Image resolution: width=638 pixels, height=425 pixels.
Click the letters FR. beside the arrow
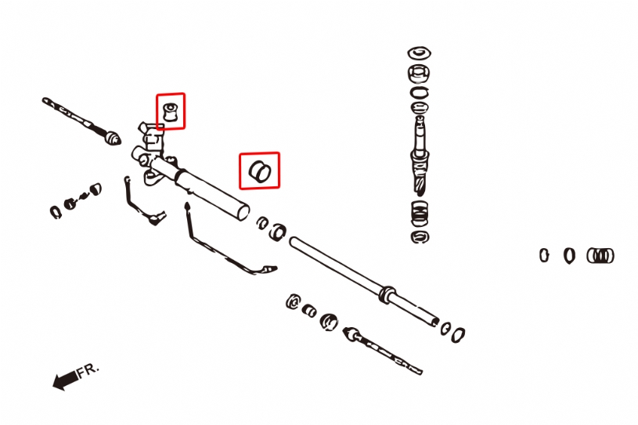(88, 369)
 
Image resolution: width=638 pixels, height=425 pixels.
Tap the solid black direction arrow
(64, 380)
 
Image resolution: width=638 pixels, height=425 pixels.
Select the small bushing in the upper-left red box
(171, 110)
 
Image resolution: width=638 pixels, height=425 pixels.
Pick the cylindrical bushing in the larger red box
(259, 170)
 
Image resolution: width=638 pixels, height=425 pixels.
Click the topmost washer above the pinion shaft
(419, 53)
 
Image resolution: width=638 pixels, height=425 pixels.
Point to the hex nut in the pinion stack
(419, 74)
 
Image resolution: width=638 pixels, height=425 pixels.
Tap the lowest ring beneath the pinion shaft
(419, 236)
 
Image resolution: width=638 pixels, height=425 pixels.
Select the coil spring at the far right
(600, 255)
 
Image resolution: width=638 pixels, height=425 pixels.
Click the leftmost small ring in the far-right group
(544, 254)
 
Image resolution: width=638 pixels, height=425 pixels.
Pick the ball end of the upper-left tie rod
(113, 140)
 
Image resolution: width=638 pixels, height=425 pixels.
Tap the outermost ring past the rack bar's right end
(459, 333)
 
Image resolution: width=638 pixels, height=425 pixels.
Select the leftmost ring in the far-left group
(55, 211)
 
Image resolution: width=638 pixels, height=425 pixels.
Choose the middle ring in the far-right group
(569, 255)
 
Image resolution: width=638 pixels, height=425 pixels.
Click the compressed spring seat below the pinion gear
(420, 211)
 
